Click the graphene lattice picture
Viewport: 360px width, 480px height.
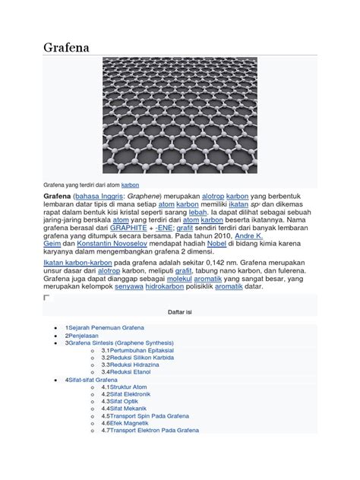[179, 115]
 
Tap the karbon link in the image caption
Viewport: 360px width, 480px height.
[130, 185]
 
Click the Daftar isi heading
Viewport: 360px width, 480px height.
[179, 311]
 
